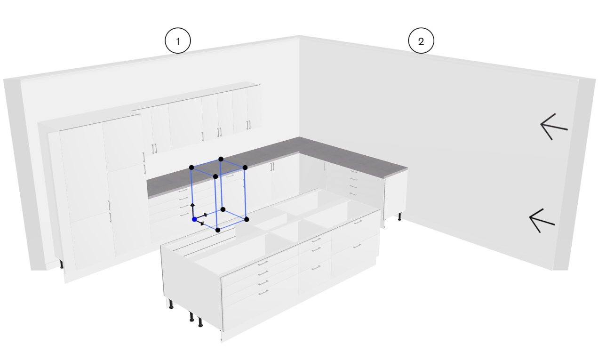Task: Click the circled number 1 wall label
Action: coord(178,40)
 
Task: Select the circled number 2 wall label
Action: coord(421,40)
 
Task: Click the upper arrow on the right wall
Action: coord(554,127)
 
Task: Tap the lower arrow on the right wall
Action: coord(542,221)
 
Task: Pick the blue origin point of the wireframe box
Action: coord(194,219)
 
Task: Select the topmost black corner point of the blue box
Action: coord(221,159)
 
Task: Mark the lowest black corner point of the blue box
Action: coord(218,230)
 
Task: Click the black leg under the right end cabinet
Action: coord(399,216)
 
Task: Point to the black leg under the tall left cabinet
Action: coord(62,264)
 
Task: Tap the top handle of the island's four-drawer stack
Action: coord(263,264)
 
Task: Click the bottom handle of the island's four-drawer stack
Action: coord(263,292)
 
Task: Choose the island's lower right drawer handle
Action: coord(358,246)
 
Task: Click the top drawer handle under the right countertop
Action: coord(353,171)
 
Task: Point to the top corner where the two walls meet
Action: coord(299,35)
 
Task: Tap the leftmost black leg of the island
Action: coord(171,304)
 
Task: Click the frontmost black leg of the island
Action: coord(200,321)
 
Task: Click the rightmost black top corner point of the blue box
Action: coord(245,168)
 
